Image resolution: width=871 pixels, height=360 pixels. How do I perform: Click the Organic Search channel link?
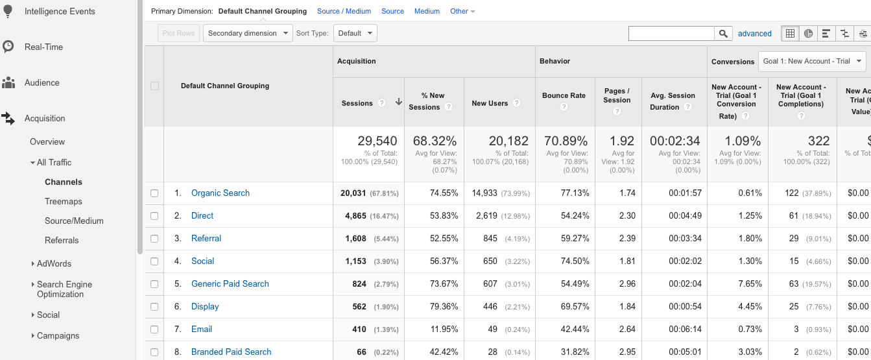click(x=220, y=193)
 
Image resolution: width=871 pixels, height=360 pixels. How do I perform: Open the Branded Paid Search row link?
click(x=231, y=352)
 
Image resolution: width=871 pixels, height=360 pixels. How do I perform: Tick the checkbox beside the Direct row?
click(x=154, y=216)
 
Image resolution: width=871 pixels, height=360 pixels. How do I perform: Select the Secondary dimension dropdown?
click(x=248, y=33)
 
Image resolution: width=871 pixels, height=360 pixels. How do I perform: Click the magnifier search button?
click(x=723, y=33)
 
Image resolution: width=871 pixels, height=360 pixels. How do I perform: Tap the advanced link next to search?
click(x=754, y=34)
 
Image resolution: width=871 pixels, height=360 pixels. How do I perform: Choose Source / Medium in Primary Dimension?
click(x=344, y=11)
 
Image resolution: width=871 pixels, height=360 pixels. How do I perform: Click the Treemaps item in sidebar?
click(x=63, y=202)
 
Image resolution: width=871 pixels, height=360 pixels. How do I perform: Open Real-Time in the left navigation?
click(x=43, y=47)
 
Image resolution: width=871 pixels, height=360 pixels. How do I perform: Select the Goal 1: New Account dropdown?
click(x=812, y=62)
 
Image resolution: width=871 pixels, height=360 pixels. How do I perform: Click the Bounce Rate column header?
click(x=564, y=95)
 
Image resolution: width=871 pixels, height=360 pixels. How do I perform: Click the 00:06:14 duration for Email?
click(x=685, y=330)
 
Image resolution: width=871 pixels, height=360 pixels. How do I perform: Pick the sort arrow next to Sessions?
click(x=398, y=102)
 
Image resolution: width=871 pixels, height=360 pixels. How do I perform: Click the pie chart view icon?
click(x=808, y=33)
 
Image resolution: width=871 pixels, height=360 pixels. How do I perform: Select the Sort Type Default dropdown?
click(x=355, y=33)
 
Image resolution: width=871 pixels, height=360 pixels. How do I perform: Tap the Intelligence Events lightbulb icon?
click(x=8, y=11)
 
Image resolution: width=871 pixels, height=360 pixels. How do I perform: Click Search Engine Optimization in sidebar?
click(x=64, y=289)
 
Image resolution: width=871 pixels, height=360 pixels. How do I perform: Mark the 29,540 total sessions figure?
click(x=377, y=141)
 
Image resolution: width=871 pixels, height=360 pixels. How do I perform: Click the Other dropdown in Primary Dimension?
click(x=462, y=11)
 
